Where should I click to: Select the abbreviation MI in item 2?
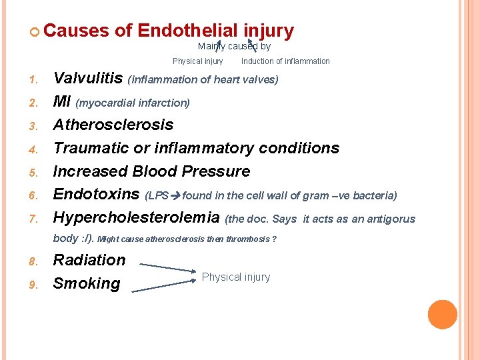(x=62, y=102)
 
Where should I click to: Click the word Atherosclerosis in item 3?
(x=113, y=125)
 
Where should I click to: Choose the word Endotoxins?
(x=96, y=195)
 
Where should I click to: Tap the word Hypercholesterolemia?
(x=136, y=218)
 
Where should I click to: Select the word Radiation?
(x=89, y=260)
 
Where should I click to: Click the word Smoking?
(x=87, y=283)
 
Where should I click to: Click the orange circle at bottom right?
(x=443, y=315)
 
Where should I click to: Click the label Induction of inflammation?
(x=285, y=61)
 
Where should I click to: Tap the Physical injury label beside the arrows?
(x=236, y=277)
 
